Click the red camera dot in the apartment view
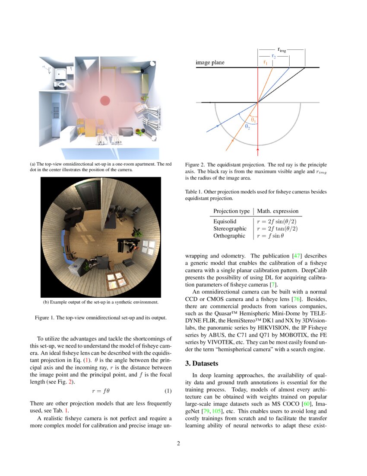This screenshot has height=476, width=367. click(105, 101)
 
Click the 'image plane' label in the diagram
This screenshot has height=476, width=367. click(210, 63)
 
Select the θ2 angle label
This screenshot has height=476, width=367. click(248, 127)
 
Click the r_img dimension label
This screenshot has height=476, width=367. click(282, 50)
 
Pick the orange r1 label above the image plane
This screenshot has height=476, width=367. click(265, 62)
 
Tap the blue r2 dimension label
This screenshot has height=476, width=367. click(274, 56)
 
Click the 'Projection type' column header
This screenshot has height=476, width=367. click(231, 211)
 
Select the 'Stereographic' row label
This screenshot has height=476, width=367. click(230, 228)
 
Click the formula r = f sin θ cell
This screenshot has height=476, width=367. click(271, 236)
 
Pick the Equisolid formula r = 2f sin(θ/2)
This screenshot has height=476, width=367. click(277, 221)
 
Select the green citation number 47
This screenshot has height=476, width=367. click(298, 256)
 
